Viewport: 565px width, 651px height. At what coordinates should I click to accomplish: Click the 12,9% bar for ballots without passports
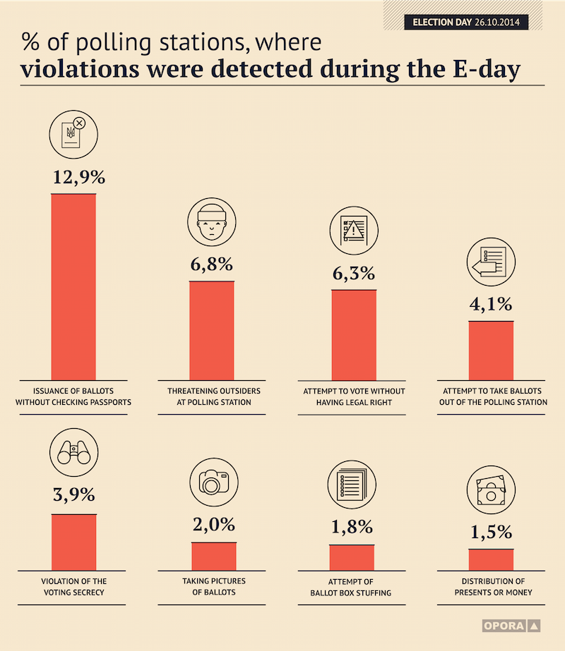point(73,287)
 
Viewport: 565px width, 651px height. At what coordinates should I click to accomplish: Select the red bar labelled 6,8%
point(212,331)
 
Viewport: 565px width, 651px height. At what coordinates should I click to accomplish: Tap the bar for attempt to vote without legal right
point(354,335)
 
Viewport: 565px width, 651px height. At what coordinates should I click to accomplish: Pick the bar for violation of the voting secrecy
point(74,542)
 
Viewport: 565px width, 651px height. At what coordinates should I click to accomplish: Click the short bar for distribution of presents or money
point(491,559)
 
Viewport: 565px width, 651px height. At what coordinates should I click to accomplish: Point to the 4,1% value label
point(491,304)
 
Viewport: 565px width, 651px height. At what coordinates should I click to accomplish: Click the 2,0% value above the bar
point(214,525)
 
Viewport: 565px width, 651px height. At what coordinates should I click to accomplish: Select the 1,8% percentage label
point(352,528)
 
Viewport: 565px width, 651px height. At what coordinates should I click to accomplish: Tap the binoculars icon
point(74,452)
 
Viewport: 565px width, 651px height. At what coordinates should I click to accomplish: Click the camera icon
point(214,482)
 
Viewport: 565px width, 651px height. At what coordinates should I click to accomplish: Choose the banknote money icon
point(491,490)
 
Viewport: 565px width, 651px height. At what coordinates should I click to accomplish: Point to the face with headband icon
point(212,222)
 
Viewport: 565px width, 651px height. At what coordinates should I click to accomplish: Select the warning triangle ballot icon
point(354,231)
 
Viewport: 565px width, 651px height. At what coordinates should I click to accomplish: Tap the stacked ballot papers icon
point(352,485)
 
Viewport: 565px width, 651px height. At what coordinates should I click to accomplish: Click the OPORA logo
point(511,626)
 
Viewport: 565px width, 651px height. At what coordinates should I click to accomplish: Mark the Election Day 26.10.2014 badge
point(466,22)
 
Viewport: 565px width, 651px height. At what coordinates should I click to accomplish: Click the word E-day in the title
point(487,69)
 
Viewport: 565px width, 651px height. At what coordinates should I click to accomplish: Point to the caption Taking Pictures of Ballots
point(214,587)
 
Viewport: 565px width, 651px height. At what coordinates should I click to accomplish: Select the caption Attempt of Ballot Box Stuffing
point(351,587)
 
